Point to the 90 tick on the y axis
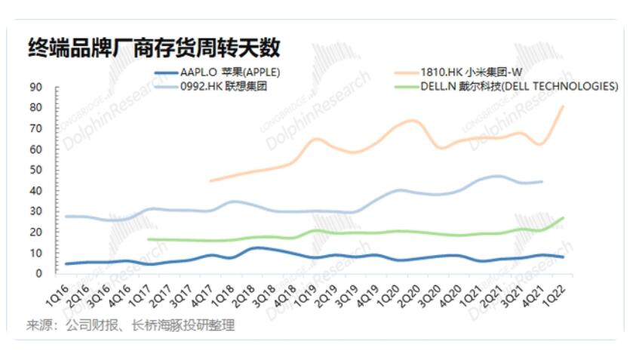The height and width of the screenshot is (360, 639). (x=36, y=87)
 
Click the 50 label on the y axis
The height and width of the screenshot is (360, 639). (x=36, y=170)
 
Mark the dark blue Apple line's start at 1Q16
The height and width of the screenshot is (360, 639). (x=66, y=263)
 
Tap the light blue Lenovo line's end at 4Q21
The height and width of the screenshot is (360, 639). (x=542, y=181)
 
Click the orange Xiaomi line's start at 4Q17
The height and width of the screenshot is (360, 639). (x=210, y=180)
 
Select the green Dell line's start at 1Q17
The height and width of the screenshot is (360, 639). (x=149, y=239)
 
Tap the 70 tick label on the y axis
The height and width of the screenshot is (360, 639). (x=36, y=128)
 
